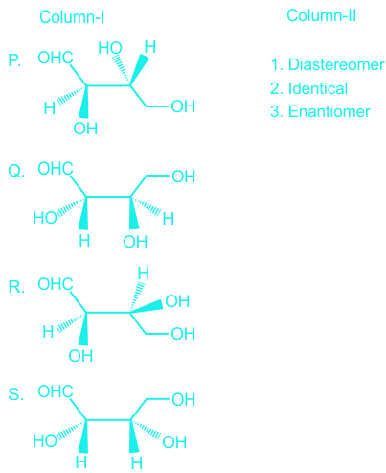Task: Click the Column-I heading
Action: [72, 17]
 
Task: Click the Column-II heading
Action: [321, 15]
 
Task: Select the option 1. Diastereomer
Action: [328, 64]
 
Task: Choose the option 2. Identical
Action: [308, 88]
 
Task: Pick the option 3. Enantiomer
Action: [320, 111]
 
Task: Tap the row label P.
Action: [14, 60]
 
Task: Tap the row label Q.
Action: [16, 171]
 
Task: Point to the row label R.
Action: [16, 287]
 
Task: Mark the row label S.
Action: [15, 394]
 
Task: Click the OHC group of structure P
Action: [56, 58]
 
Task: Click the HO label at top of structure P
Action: [110, 48]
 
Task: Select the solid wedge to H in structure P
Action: [139, 70]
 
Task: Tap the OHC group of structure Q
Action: [56, 169]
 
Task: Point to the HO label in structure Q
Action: [45, 218]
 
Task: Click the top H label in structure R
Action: [144, 273]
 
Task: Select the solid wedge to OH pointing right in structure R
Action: [147, 306]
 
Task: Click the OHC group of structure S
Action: [56, 391]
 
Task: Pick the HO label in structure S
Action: [45, 441]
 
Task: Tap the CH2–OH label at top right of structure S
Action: [184, 400]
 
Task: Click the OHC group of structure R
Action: [56, 284]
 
